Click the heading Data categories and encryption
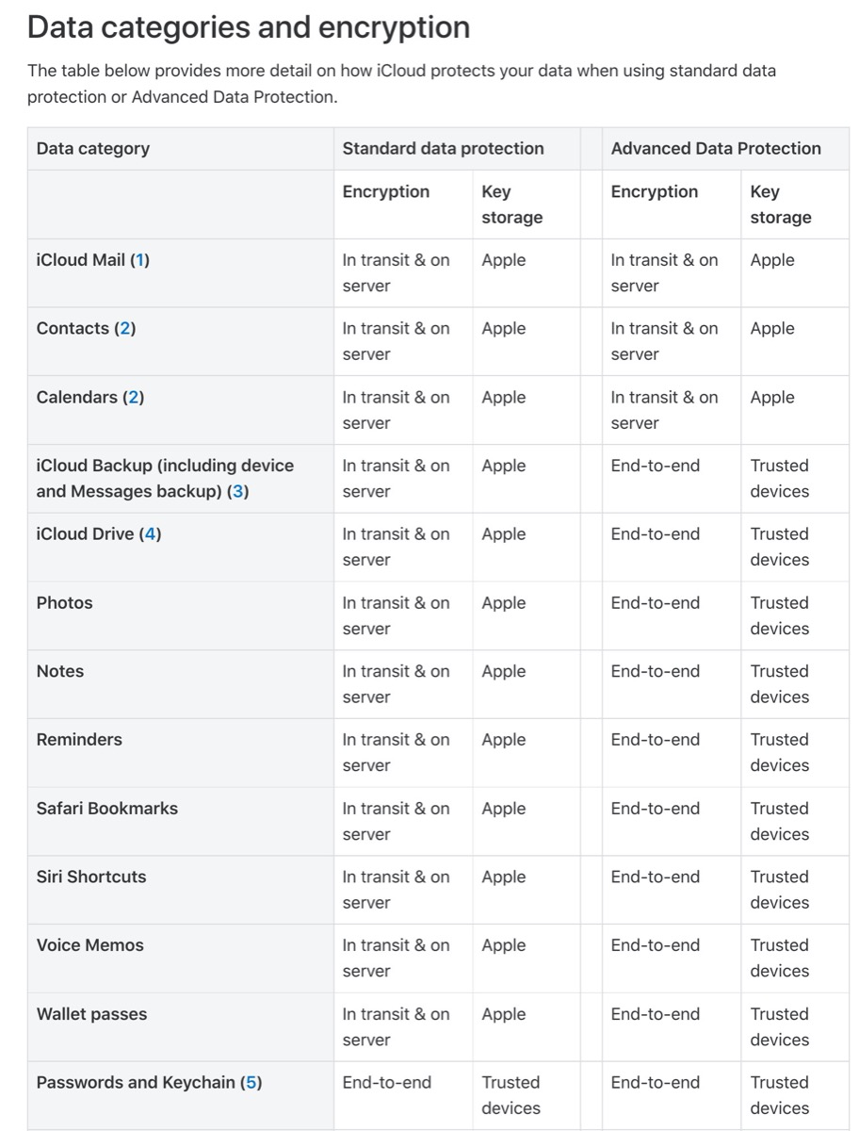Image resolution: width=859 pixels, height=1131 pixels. point(249,27)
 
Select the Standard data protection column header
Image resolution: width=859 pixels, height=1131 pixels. point(443,148)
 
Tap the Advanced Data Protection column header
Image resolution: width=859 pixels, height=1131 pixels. point(715,148)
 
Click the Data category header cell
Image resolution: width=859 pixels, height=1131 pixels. point(92,148)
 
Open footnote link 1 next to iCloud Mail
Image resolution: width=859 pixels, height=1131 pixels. point(139,260)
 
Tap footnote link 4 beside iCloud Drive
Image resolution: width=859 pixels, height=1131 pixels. point(151,533)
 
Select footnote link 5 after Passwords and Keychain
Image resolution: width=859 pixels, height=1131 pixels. point(251,1082)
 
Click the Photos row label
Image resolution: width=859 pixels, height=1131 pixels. point(64,602)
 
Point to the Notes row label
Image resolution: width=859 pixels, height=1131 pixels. point(59,671)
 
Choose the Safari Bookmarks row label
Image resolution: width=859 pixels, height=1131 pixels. point(106,808)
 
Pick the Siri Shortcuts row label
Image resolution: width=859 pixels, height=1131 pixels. point(91,877)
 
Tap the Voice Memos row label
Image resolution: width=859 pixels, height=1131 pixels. point(89,945)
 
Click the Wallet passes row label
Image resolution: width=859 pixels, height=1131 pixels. point(91,1014)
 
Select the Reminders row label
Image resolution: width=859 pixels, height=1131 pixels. point(79,740)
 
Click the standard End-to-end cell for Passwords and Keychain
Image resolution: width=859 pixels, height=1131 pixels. point(386,1082)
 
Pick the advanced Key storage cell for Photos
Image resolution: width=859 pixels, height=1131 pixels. point(779,615)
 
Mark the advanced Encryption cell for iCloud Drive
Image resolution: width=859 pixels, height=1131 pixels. point(655,533)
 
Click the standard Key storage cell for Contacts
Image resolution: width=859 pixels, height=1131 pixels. point(503,329)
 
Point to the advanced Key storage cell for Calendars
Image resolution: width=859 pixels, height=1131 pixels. point(771,398)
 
